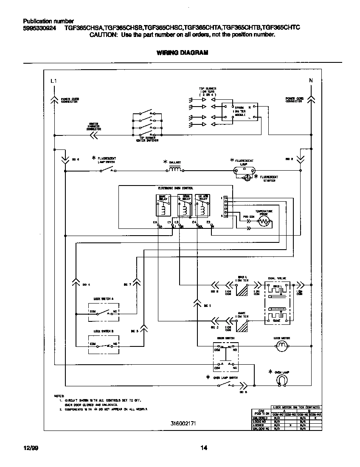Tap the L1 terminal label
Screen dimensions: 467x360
(53, 81)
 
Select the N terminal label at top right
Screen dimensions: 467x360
(311, 81)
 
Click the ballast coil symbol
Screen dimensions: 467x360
(174, 169)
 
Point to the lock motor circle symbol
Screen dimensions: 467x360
(281, 348)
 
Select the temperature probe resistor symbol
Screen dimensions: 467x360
(264, 222)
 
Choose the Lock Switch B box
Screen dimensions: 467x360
(103, 345)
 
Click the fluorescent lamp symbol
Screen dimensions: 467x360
(245, 171)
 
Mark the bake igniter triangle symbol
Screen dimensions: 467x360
(242, 326)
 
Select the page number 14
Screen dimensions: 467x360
(203, 447)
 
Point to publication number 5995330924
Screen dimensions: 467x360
(39, 28)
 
